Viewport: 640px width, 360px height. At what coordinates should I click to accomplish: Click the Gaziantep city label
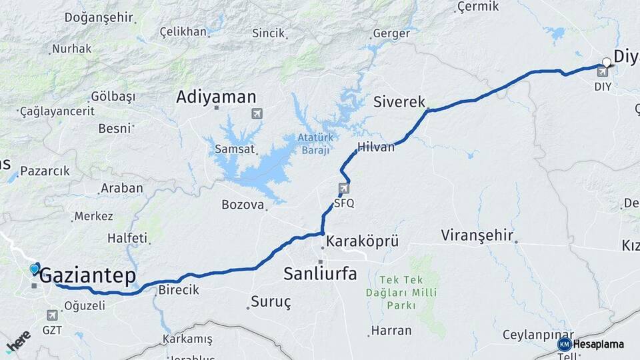coord(88,276)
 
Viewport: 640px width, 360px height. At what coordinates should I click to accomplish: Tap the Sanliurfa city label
coord(320,273)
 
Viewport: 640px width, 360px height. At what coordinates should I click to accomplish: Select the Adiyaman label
coord(216,97)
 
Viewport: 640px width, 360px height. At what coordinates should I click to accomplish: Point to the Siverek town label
coord(399,102)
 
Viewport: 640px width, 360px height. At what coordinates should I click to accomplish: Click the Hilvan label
coord(376,147)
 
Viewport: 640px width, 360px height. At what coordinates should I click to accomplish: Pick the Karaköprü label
coord(363,241)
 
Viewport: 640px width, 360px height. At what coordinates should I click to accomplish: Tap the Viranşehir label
coord(477,235)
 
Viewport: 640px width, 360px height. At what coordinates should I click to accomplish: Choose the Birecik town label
coord(179,291)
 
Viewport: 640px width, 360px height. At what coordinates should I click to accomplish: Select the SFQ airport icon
coord(343,189)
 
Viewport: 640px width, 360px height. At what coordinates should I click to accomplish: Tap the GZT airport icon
coord(52,314)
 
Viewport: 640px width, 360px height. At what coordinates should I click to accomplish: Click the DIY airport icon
coord(603,72)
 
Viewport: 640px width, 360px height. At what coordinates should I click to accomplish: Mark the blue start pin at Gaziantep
coord(35,269)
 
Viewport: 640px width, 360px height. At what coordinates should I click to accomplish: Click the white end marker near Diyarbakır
coord(607,63)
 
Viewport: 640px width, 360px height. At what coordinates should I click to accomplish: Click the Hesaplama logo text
coord(599,344)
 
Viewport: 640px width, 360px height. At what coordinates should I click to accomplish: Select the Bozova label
coord(243,205)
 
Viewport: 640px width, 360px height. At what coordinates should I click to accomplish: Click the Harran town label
coord(387,330)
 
